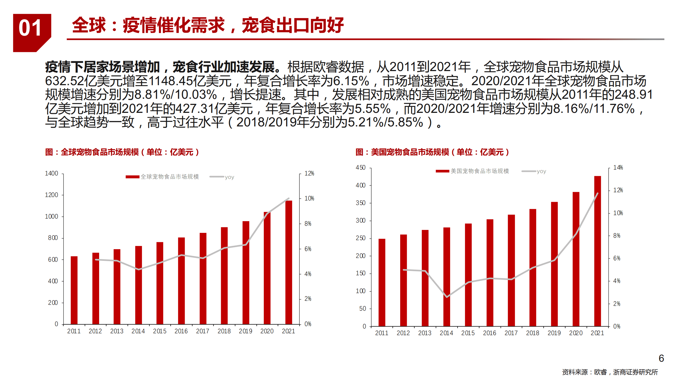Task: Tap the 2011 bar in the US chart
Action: click(382, 282)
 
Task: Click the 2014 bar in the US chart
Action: click(446, 277)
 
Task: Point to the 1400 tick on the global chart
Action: click(51, 174)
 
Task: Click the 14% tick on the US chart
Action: click(618, 167)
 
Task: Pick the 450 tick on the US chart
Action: click(360, 168)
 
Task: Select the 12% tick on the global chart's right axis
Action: click(309, 174)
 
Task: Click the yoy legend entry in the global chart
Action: click(229, 177)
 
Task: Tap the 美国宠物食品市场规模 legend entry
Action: click(479, 171)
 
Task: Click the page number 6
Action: click(661, 358)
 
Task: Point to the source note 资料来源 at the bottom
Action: click(610, 372)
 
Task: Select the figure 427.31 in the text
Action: click(195, 109)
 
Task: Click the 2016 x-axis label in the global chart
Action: click(181, 331)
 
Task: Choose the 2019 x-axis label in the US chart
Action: click(554, 333)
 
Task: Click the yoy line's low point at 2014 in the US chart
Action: click(447, 297)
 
